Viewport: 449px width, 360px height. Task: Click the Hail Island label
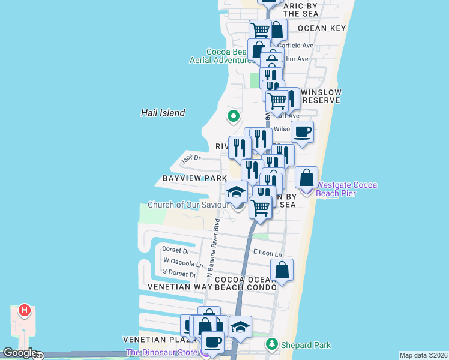click(x=163, y=113)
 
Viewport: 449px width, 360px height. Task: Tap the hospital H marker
click(x=24, y=310)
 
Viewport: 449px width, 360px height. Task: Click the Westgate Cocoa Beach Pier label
click(x=347, y=189)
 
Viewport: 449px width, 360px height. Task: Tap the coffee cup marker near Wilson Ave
click(x=303, y=131)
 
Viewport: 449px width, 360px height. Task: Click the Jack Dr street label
click(x=190, y=159)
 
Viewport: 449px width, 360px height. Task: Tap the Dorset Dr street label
click(x=175, y=251)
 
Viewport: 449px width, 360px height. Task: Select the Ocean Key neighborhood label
click(x=321, y=28)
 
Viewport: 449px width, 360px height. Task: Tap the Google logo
click(x=20, y=353)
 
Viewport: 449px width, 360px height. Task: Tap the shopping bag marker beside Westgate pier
click(x=306, y=178)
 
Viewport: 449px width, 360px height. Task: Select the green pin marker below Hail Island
click(x=233, y=116)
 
